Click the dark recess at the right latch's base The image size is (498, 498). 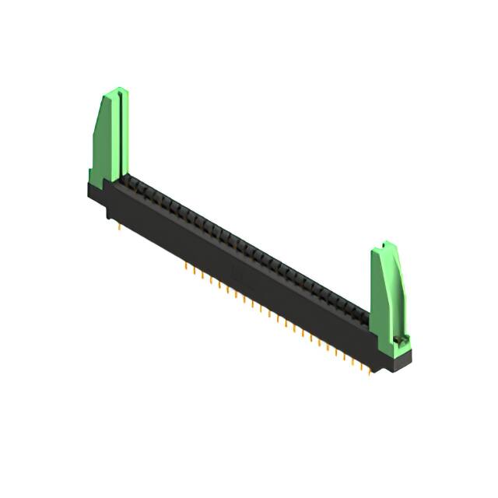coord(400,340)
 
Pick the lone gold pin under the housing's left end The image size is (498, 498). coord(117,227)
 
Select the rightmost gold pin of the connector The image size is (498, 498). coord(371,370)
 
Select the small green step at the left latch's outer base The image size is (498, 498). coord(91,178)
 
